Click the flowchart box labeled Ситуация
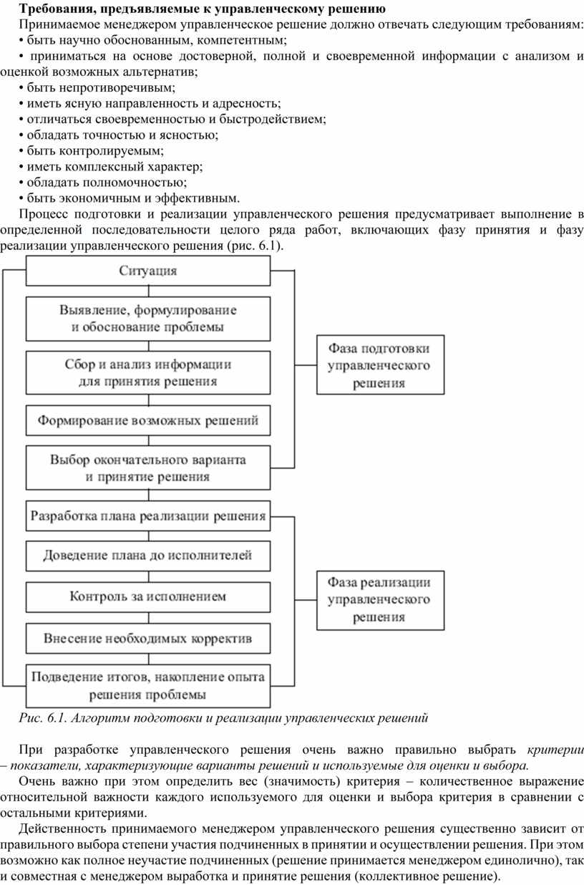pyautogui.click(x=148, y=271)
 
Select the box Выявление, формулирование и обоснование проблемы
pyautogui.click(x=148, y=319)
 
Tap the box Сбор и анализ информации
pyautogui.click(x=148, y=373)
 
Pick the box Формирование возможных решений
pyautogui.click(x=148, y=420)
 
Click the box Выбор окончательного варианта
pyautogui.click(x=148, y=468)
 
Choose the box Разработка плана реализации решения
pyautogui.click(x=148, y=516)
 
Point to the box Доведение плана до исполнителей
pyautogui.click(x=148, y=556)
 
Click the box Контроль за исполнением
pyautogui.click(x=148, y=596)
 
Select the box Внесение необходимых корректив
pyautogui.click(x=148, y=639)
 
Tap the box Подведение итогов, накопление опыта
pyautogui.click(x=148, y=686)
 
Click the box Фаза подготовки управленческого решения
pyautogui.click(x=380, y=365)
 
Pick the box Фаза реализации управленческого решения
pyautogui.click(x=380, y=600)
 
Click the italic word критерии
pyautogui.click(x=555, y=750)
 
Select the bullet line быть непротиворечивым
pyautogui.click(x=97, y=87)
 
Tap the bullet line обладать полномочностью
pyautogui.click(x=102, y=183)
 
